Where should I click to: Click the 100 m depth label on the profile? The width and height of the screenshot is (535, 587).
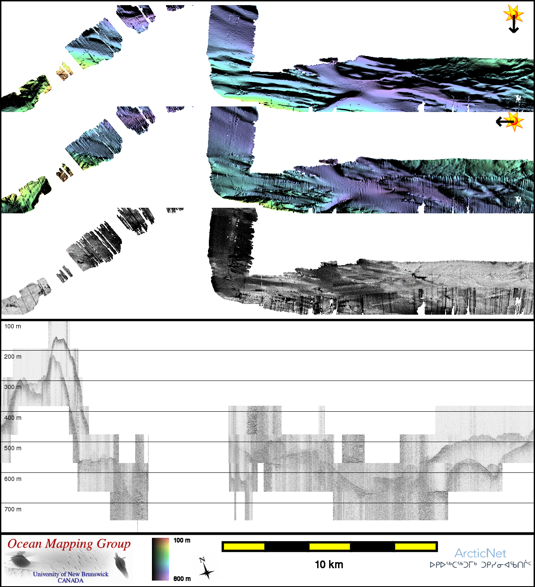coord(12,326)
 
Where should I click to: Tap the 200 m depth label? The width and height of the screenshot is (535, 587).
coord(13,357)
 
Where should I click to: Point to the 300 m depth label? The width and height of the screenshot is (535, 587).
coord(13,387)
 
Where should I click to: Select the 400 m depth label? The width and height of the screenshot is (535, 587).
coord(13,418)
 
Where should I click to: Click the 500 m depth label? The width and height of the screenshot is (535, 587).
coord(13,448)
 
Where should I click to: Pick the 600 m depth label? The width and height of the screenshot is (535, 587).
coord(13,479)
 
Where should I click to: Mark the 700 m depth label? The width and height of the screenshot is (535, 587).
coord(13,510)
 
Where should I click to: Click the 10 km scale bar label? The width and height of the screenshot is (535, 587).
coord(329,564)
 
